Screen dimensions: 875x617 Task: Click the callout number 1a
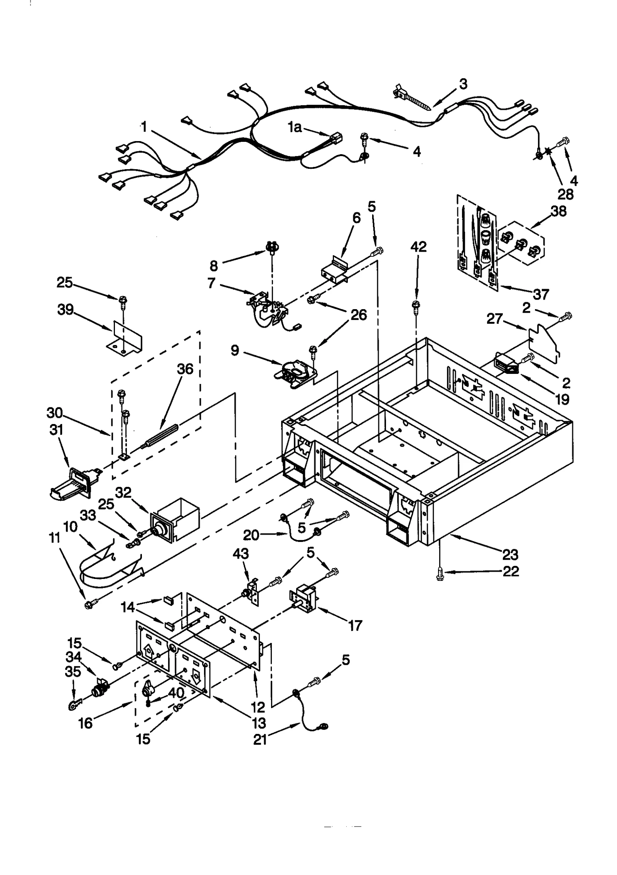295,127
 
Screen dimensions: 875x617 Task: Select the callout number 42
418,247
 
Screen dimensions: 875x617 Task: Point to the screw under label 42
416,306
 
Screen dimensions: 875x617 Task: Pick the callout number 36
185,369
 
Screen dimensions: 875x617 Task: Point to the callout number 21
260,740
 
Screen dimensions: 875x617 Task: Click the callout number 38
559,211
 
